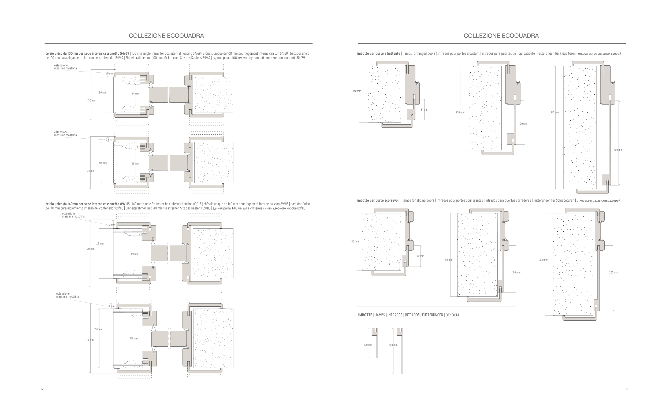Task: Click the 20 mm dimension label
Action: pyautogui.click(x=109, y=73)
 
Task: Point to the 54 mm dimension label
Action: pyautogui.click(x=135, y=94)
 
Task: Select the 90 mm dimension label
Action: pyautogui.click(x=102, y=92)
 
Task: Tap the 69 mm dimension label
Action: pyautogui.click(x=135, y=164)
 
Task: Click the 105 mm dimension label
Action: pyautogui.click(x=102, y=163)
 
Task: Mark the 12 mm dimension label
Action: pyautogui.click(x=109, y=140)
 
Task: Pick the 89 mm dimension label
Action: pyautogui.click(x=135, y=254)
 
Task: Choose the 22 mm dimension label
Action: pyautogui.click(x=111, y=225)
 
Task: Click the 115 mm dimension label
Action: pyautogui.click(x=134, y=339)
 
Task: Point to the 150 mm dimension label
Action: pyautogui.click(x=98, y=329)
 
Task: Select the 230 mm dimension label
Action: pyautogui.click(x=460, y=113)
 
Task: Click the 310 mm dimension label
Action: pyautogui.click(x=554, y=113)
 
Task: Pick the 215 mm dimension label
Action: pyautogui.click(x=448, y=260)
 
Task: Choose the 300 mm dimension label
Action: pyautogui.click(x=544, y=260)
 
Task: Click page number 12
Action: pyautogui.click(x=42, y=389)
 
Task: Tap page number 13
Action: pyautogui.click(x=627, y=389)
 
